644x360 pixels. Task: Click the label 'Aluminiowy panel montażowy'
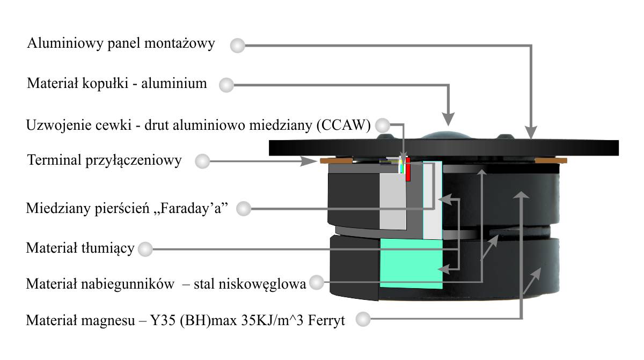[121, 43]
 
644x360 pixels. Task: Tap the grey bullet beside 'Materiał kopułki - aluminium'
[228, 85]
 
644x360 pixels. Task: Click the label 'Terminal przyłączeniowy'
[104, 160]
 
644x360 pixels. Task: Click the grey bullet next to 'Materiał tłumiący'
[144, 249]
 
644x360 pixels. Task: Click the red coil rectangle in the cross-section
[407, 169]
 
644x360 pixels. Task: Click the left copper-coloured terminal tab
[336, 160]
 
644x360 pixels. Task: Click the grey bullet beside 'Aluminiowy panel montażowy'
[237, 45]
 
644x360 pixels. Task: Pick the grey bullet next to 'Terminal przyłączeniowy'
[202, 161]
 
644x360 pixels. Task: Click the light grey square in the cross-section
[394, 201]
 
